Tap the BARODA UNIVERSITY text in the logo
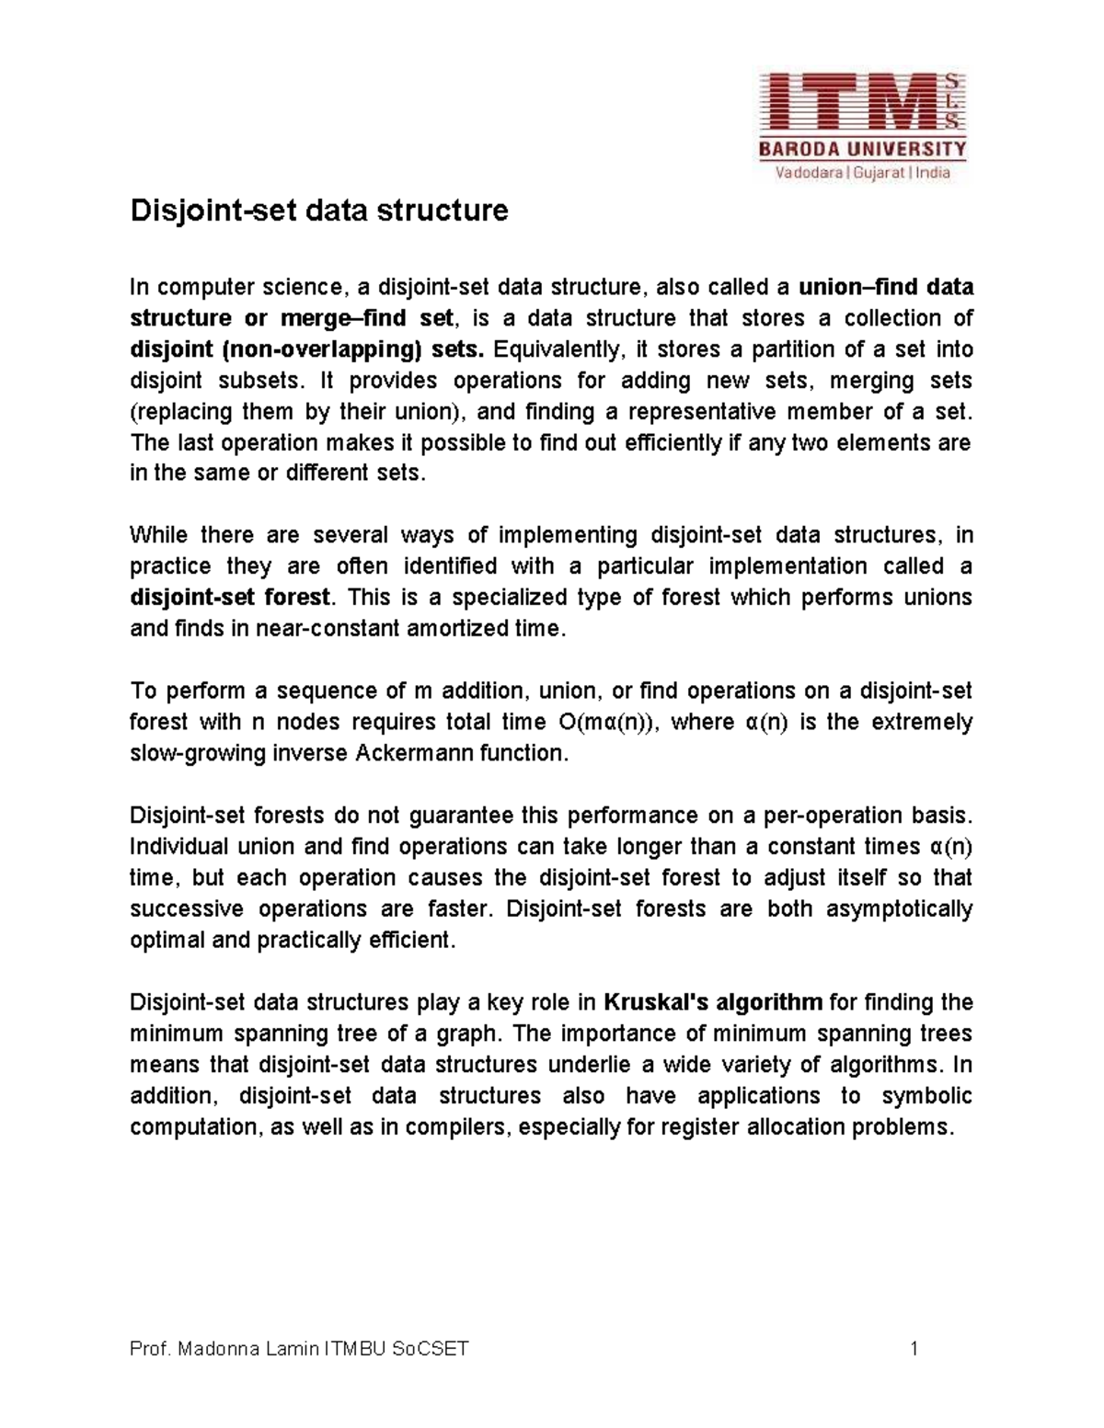862,149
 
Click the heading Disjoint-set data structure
318,211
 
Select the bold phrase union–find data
886,288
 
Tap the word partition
795,350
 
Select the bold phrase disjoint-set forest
230,598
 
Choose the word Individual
179,847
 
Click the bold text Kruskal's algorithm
714,1002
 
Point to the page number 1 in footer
914,1350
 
